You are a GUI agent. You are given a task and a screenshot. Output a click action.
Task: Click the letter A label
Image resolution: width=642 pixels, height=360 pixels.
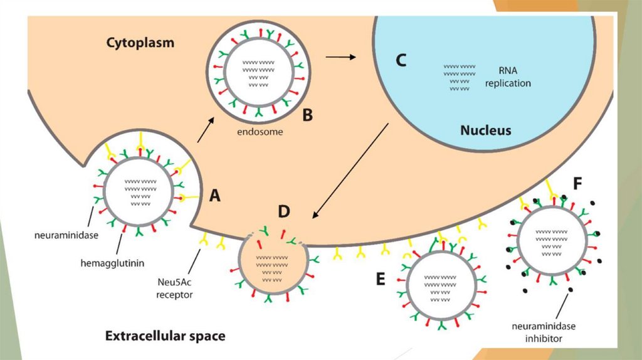[214, 196]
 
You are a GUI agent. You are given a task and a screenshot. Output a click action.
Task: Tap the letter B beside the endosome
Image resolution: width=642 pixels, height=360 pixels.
[307, 115]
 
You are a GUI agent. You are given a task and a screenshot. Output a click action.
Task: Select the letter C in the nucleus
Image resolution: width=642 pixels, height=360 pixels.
[400, 60]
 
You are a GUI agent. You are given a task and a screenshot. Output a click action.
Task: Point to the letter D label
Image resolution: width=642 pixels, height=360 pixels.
[284, 211]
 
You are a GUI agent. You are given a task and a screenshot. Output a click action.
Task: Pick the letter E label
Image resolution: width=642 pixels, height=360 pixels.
[381, 278]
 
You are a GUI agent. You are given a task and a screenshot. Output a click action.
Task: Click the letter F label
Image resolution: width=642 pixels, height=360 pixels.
[577, 183]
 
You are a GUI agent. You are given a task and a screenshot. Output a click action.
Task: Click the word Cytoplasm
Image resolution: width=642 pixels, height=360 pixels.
[140, 43]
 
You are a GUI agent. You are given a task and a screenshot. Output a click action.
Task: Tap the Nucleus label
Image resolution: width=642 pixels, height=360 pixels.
[485, 130]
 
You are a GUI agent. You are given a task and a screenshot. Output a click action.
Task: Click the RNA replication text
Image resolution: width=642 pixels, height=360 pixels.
[507, 77]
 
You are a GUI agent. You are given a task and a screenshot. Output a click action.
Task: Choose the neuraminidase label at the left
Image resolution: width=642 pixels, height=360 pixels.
[70, 236]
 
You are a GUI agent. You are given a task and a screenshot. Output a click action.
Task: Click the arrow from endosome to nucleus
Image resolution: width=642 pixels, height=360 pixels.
[340, 57]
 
